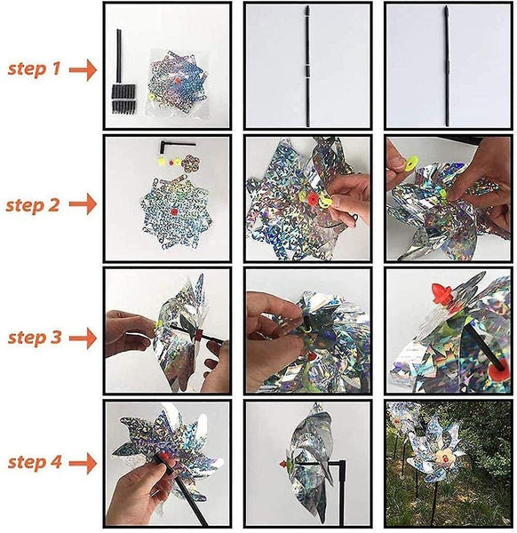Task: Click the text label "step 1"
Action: pyautogui.click(x=34, y=69)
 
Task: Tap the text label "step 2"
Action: pyautogui.click(x=33, y=206)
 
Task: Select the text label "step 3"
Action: pyautogui.click(x=35, y=338)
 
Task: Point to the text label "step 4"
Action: pyautogui.click(x=35, y=462)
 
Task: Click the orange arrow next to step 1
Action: pyautogui.click(x=84, y=69)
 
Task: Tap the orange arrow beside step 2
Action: pyautogui.click(x=84, y=204)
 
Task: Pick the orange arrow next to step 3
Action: pyautogui.click(x=84, y=338)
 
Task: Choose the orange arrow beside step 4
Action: pyautogui.click(x=84, y=463)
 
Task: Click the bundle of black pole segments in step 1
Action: pyautogui.click(x=123, y=99)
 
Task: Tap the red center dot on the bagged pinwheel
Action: pyautogui.click(x=178, y=81)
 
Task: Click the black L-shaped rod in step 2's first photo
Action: pyautogui.click(x=173, y=147)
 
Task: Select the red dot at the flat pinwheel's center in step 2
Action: pyautogui.click(x=174, y=211)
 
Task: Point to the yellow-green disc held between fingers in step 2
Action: pyautogui.click(x=412, y=162)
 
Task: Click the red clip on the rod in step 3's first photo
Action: pyautogui.click(x=199, y=335)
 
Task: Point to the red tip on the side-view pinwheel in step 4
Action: pyautogui.click(x=282, y=464)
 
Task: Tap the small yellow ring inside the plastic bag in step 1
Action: pyautogui.click(x=153, y=98)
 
